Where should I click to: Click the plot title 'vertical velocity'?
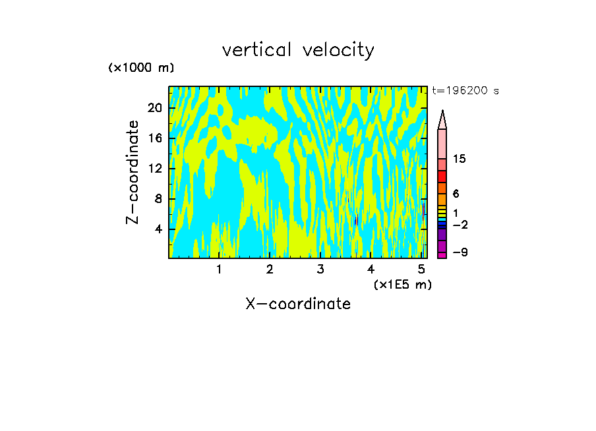298,50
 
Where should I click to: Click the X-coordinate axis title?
298,304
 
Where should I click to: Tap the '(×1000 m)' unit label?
141,68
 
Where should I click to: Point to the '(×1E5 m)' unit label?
402,284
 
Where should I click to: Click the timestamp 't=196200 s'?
465,91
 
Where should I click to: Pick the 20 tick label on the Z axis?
154,108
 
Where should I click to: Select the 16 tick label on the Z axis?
154,138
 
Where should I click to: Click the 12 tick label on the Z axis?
154,169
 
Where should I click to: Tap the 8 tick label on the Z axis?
158,199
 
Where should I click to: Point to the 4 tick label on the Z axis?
158,229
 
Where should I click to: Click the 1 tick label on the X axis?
219,270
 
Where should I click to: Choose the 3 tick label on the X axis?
320,270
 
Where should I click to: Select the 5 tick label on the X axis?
421,270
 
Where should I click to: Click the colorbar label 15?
460,159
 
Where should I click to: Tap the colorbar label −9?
460,253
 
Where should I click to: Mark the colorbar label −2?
460,225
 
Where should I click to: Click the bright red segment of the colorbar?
442,177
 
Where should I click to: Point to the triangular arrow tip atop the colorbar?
442,119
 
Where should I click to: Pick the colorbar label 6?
456,194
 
